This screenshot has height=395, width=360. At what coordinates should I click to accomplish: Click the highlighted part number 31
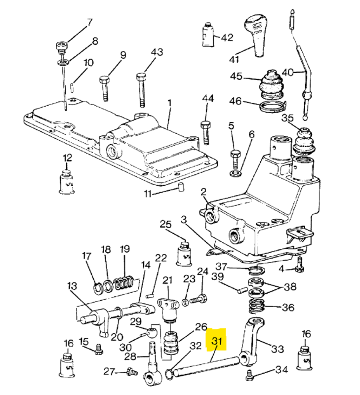click(x=216, y=341)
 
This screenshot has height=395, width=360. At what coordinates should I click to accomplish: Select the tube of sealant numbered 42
click(x=208, y=35)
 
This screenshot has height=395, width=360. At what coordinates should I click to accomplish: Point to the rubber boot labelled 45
click(x=270, y=84)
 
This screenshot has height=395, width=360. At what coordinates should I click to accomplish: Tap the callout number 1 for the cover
click(x=170, y=103)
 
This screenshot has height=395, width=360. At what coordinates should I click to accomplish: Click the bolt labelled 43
click(x=142, y=90)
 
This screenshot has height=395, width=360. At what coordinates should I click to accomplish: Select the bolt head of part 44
click(x=206, y=124)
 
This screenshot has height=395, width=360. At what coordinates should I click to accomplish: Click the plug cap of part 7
click(x=62, y=46)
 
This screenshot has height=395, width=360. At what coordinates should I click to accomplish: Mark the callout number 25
click(x=166, y=224)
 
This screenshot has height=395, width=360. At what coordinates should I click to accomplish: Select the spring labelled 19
click(x=123, y=283)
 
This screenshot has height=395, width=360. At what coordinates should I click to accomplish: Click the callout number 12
click(x=67, y=158)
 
